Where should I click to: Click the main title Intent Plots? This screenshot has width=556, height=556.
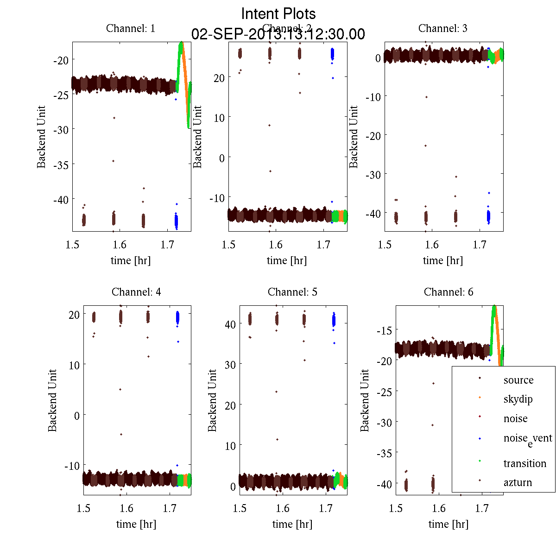[278, 13]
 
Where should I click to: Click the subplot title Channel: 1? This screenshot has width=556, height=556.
[131, 28]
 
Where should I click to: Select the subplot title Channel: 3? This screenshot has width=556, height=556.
[442, 28]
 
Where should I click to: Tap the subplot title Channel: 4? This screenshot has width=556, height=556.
[136, 292]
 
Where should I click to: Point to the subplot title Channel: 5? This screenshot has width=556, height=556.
[292, 292]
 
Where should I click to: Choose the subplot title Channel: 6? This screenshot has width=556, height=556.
[449, 292]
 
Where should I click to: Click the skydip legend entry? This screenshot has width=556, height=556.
[518, 399]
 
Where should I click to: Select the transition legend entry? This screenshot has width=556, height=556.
[525, 463]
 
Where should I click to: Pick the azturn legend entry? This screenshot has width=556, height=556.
[518, 483]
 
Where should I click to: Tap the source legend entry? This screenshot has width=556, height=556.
[518, 380]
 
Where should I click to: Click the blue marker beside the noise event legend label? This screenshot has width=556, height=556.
[480, 438]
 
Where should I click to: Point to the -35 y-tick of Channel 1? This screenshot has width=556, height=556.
[61, 164]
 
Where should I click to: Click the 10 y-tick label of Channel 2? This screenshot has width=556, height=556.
[219, 118]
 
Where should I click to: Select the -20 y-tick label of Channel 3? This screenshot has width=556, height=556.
[373, 135]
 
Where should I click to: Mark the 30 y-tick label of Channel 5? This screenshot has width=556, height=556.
[229, 365]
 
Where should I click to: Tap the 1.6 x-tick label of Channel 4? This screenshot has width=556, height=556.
[126, 508]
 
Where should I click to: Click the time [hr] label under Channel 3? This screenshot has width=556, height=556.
[442, 260]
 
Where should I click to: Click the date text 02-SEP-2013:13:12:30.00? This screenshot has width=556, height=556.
[278, 34]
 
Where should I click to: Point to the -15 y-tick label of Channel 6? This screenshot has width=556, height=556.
[384, 330]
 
